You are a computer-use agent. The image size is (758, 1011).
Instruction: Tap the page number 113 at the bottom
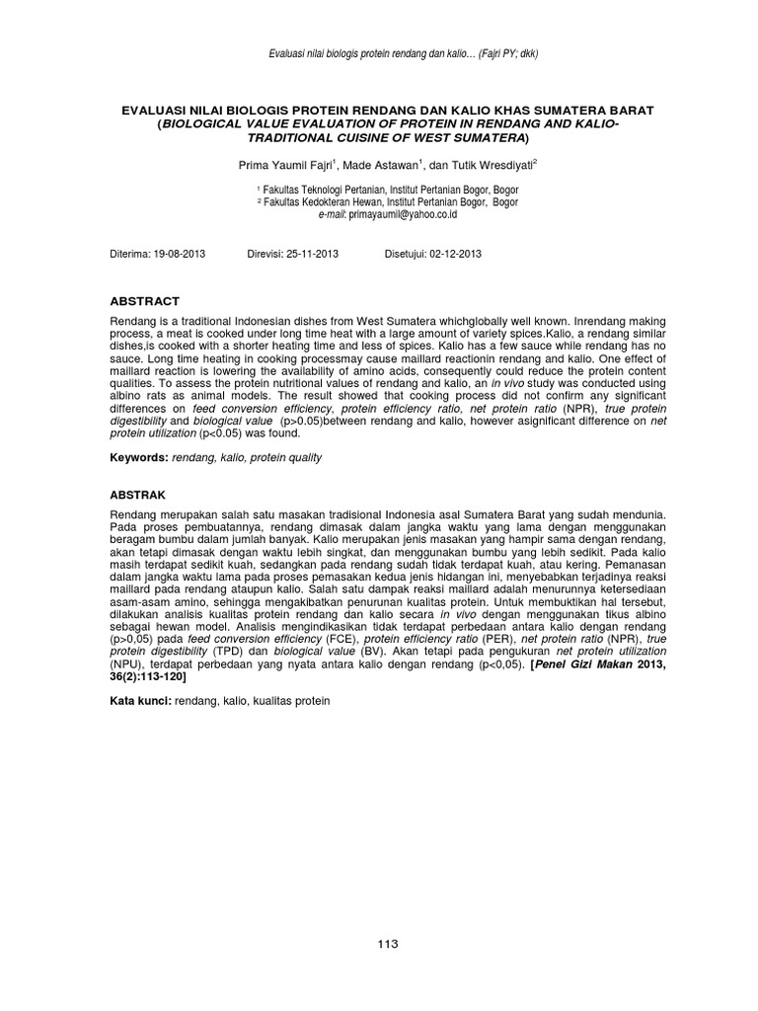387,944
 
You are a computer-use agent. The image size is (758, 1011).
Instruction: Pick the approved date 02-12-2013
455,254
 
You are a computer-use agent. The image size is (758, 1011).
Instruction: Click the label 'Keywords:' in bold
138,458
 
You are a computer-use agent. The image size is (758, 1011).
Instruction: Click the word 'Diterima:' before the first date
129,254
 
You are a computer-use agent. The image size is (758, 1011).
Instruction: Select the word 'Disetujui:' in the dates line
406,254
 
